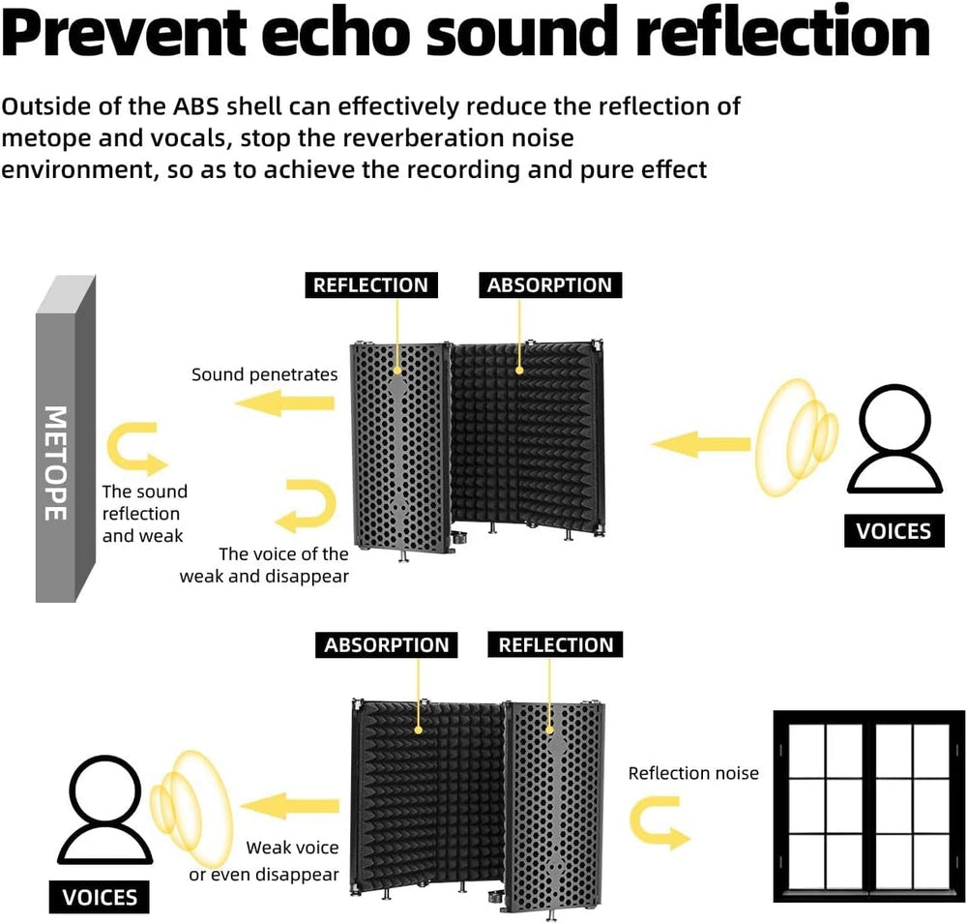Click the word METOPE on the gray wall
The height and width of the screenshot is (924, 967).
(55, 462)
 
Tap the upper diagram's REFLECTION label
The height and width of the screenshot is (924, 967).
(370, 285)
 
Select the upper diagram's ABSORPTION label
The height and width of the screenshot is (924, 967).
(549, 285)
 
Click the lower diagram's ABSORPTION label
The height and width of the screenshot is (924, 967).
(387, 645)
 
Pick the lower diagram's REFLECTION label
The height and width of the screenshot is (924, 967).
(555, 645)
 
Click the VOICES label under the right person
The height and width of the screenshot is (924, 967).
(894, 531)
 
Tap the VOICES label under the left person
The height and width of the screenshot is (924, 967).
(100, 897)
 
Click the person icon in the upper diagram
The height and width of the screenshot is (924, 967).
(894, 440)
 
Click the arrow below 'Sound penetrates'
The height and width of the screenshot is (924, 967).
(284, 403)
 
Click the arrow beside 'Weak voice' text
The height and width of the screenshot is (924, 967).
(288, 806)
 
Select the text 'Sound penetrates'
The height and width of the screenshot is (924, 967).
(264, 374)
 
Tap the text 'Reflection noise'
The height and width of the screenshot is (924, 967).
(693, 773)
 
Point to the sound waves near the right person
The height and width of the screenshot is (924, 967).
(796, 436)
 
